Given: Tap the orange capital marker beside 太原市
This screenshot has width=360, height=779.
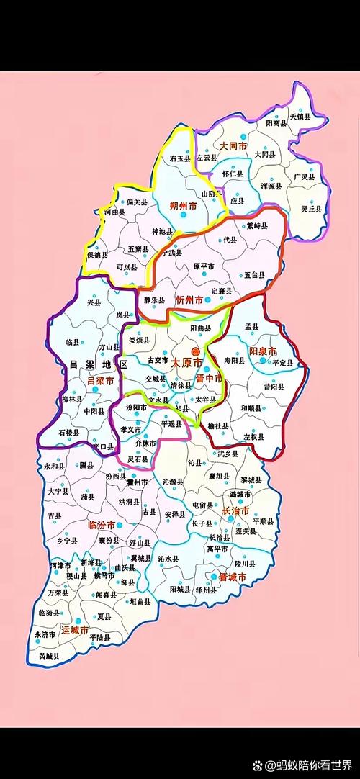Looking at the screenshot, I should click(195, 351).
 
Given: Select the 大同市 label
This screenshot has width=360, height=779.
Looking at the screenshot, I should click(233, 145).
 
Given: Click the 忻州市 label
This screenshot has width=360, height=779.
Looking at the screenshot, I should click(190, 300).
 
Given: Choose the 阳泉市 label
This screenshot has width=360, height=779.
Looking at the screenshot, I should click(262, 351).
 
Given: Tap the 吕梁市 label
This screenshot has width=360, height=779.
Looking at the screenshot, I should click(100, 380).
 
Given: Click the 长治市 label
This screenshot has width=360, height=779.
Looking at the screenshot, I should click(235, 510).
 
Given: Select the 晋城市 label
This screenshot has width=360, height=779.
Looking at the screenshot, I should click(233, 577).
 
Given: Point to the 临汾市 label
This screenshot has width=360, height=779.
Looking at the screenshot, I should click(101, 525).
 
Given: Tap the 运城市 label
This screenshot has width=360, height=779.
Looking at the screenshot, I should click(76, 631).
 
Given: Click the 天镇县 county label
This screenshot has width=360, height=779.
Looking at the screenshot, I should click(300, 116).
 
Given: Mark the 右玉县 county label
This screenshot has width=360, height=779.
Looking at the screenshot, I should click(180, 158).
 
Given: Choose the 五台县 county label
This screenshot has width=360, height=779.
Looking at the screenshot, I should click(255, 275).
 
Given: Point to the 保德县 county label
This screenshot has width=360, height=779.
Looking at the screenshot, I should click(96, 255).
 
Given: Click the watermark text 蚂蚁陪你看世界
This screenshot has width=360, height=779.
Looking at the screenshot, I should click(314, 764).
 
